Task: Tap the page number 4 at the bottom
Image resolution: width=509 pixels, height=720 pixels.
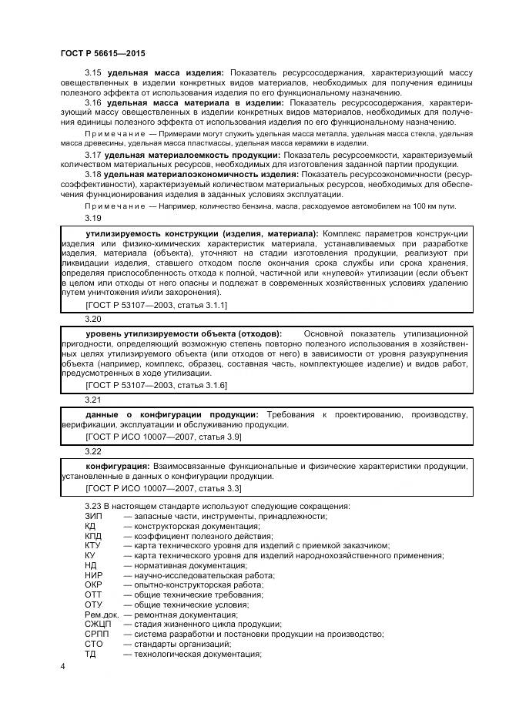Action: coord(62,665)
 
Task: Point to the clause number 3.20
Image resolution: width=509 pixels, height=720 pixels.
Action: coord(93,318)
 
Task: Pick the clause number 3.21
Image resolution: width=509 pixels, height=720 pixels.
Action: coord(93,400)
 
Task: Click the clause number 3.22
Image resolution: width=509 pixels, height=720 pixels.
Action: coord(93,451)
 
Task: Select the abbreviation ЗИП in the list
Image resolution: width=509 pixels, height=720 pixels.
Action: coord(93,517)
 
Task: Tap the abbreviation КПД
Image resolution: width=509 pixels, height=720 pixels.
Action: coord(93,536)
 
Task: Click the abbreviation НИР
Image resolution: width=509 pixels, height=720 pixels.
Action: coord(93,574)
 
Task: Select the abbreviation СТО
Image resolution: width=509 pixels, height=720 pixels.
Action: coord(93,644)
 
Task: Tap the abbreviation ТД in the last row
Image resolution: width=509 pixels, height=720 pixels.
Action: coord(90,654)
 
